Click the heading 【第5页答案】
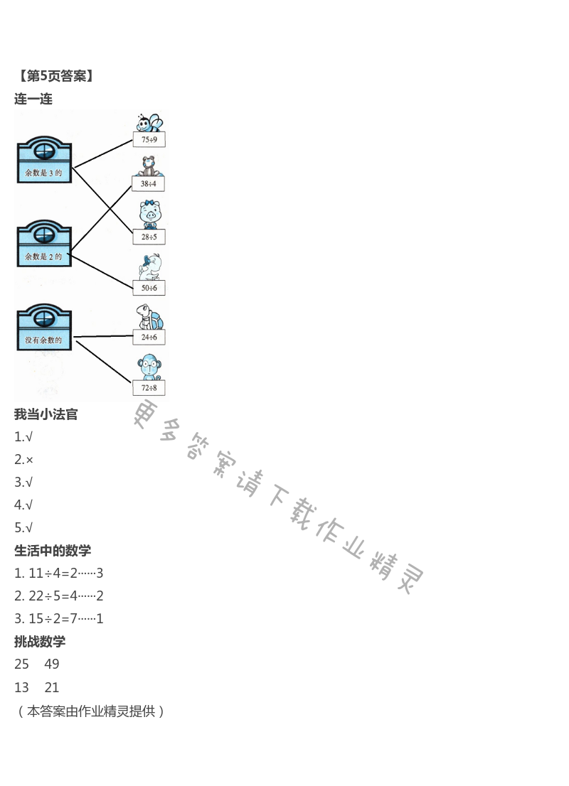pos(55,76)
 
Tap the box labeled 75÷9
pos(149,140)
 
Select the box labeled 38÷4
pos(148,184)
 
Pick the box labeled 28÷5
pos(149,237)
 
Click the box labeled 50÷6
pos(149,288)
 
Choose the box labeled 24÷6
pos(149,337)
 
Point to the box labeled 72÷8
pos(149,387)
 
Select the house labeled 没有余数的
pos(44,328)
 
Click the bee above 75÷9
pos(149,122)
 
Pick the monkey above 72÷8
pos(149,367)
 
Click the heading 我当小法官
pos(46,414)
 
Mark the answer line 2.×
pos(24,460)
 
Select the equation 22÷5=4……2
pos(59,596)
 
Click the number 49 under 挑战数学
pos(52,664)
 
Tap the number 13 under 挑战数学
pos(22,687)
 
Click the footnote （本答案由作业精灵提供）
pos(90,711)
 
